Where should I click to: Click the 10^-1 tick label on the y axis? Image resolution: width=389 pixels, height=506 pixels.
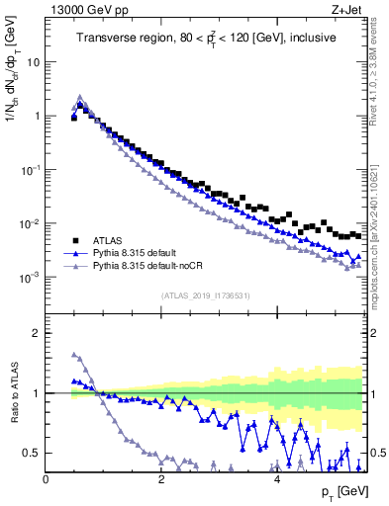[29, 170]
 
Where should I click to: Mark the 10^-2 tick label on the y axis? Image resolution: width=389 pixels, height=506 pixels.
[29, 224]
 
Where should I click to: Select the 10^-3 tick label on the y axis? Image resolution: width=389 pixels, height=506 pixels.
[29, 278]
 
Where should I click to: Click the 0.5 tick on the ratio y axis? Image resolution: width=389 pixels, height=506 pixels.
[33, 454]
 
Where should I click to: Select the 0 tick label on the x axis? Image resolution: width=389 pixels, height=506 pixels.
[46, 479]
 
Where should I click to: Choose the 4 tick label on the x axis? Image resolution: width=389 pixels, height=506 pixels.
[277, 479]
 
